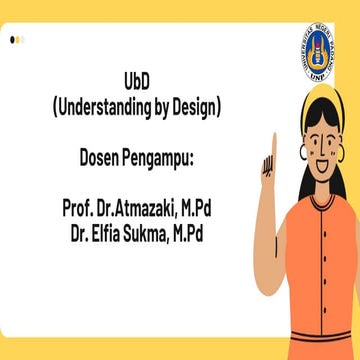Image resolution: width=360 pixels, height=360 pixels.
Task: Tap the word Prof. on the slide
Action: pyautogui.click(x=78, y=209)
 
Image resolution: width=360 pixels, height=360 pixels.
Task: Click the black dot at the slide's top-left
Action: pyautogui.click(x=12, y=40)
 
